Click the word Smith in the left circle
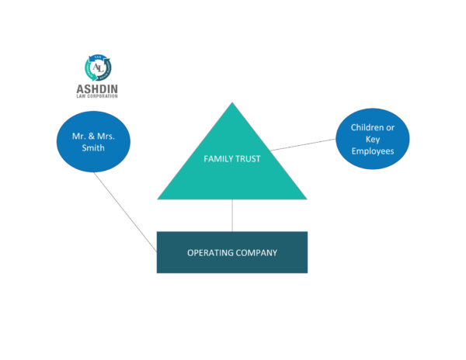point(93,147)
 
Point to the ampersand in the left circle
point(91,137)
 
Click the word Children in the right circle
point(366,127)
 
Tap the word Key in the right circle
point(373,140)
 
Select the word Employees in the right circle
point(373,151)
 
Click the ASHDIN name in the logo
point(97,88)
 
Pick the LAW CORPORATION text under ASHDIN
point(97,96)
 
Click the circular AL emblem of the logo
point(98,67)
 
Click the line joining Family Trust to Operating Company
point(232,216)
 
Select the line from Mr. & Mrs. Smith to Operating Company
point(125,213)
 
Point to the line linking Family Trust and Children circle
point(303,144)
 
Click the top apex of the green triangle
point(232,102)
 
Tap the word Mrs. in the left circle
point(106,137)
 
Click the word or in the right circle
point(390,127)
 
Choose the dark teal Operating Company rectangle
point(232,252)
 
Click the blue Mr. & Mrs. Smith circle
point(93,141)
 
